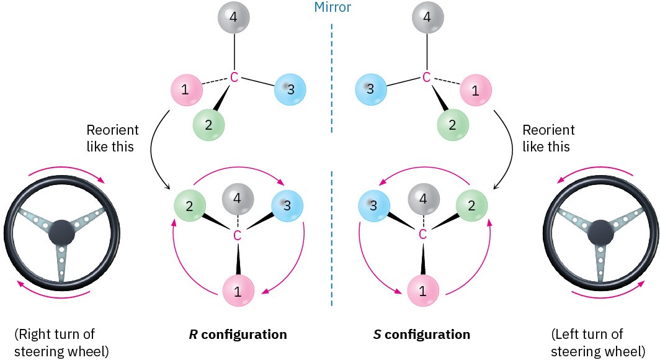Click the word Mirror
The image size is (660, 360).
[x=332, y=8]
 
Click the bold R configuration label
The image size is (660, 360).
[x=238, y=335]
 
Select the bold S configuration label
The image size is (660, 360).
[x=422, y=335]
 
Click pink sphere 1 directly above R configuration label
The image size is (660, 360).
[x=238, y=290]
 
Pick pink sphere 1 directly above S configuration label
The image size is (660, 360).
[x=423, y=290]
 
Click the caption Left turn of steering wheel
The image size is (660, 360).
[x=587, y=343]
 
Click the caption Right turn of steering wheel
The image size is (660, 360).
[x=55, y=343]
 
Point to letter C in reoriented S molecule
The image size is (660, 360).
[x=423, y=235]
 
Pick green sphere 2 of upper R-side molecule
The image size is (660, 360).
[x=208, y=124]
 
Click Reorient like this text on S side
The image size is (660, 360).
[x=548, y=138]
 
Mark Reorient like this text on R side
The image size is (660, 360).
[x=112, y=138]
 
